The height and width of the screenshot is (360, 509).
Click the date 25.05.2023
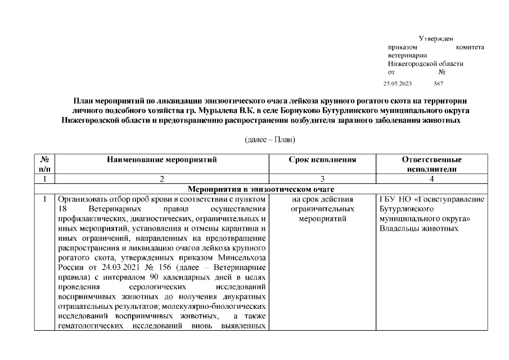(398, 83)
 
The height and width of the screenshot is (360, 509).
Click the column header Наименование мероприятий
(162, 160)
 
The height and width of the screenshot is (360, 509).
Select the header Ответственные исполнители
(432, 164)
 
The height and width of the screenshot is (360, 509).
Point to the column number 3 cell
(322, 179)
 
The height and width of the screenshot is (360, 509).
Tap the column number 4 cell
(432, 179)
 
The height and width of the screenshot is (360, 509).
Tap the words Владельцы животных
(419, 228)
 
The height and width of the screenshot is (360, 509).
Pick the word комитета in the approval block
(470, 47)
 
